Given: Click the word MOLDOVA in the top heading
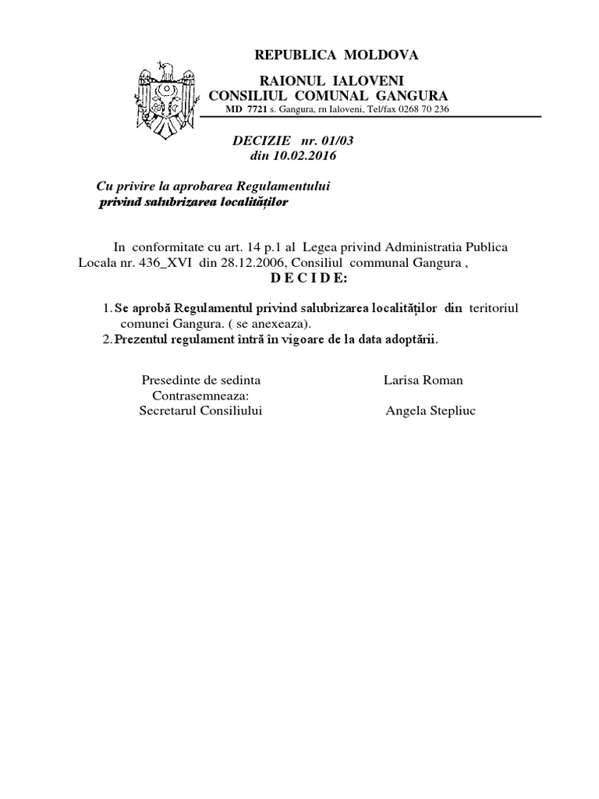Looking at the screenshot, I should tap(381, 55).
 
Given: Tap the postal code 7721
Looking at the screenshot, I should tap(257, 109).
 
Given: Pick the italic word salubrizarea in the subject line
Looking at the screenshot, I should tap(179, 202).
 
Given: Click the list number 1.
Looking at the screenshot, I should tap(107, 309).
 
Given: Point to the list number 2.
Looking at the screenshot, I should tap(107, 339).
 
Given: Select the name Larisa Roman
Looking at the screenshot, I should tap(424, 380).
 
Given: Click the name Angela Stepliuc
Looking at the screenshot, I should tap(431, 411).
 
